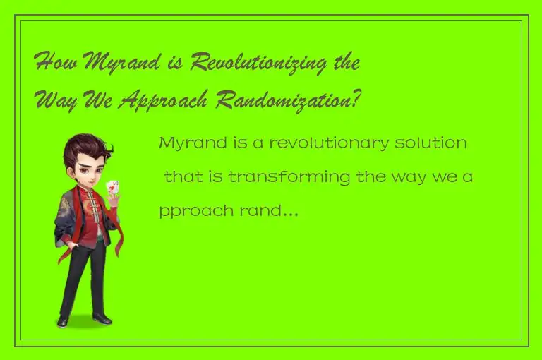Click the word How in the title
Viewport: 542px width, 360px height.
(x=54, y=63)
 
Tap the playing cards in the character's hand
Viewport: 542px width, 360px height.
(x=112, y=188)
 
